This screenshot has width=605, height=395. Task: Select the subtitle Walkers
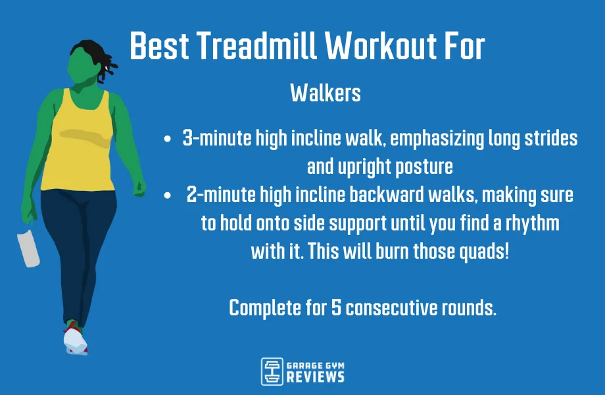pyautogui.click(x=326, y=93)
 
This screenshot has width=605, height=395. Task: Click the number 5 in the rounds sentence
pyautogui.click(x=337, y=307)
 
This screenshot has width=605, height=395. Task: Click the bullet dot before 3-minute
pyautogui.click(x=168, y=140)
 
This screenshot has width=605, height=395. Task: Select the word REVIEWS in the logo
pyautogui.click(x=315, y=377)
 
